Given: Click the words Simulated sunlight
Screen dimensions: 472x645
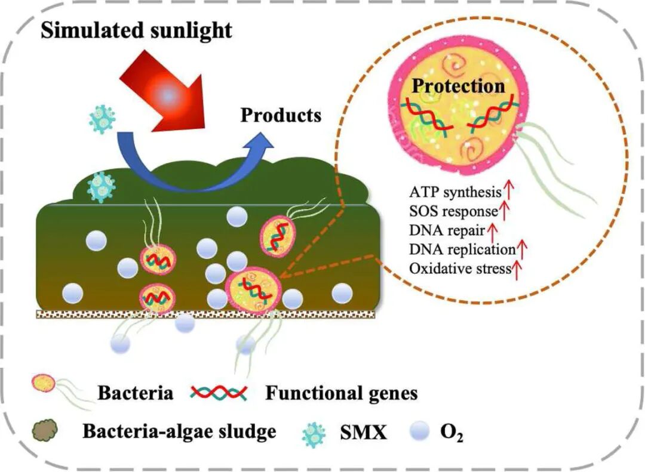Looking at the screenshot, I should [x=136, y=30].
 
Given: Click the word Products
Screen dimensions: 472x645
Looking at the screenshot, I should [x=281, y=115].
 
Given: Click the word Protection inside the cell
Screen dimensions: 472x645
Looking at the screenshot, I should [x=459, y=86].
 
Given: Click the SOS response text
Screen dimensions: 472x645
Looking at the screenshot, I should [x=453, y=211].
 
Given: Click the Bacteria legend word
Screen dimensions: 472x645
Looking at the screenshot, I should [x=136, y=393].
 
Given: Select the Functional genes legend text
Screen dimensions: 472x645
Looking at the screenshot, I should [x=341, y=393].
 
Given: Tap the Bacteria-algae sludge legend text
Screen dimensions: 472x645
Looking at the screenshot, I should [x=179, y=431].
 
